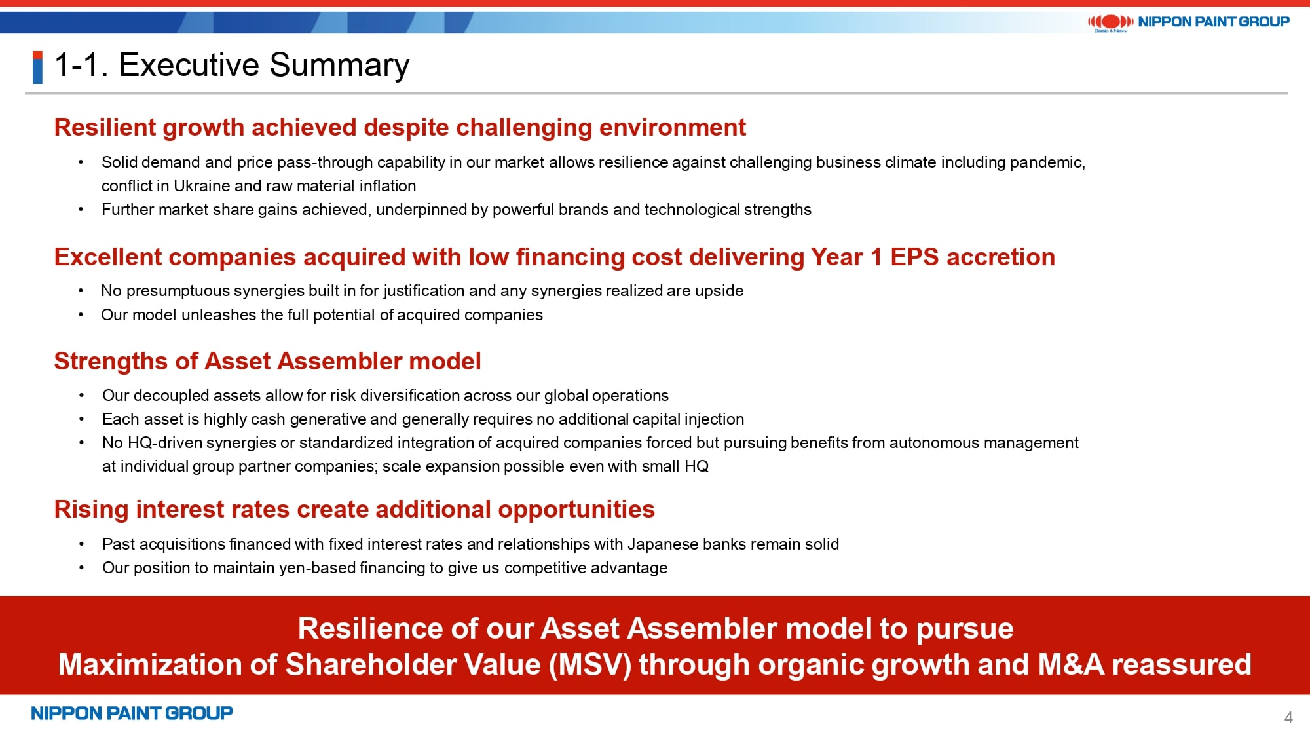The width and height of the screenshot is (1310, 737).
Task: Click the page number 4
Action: pyautogui.click(x=1288, y=717)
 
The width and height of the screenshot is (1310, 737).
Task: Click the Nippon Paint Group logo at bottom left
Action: pyautogui.click(x=132, y=713)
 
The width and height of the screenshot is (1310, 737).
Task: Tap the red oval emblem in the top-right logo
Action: pyautogui.click(x=1110, y=22)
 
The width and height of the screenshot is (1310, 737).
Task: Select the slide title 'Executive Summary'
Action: pyautogui.click(x=264, y=65)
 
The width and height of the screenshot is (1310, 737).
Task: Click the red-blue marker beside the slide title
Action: pyautogui.click(x=37, y=67)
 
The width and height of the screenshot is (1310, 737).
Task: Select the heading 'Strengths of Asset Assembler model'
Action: pyautogui.click(x=267, y=361)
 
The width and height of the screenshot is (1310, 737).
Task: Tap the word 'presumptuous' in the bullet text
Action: pyautogui.click(x=178, y=291)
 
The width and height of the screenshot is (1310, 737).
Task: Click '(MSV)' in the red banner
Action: pyautogui.click(x=590, y=664)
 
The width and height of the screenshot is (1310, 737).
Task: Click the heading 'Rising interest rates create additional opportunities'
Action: pyautogui.click(x=354, y=509)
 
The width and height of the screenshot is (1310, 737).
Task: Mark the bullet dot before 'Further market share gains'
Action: pyautogui.click(x=81, y=210)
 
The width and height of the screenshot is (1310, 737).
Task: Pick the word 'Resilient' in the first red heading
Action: pyautogui.click(x=105, y=127)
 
